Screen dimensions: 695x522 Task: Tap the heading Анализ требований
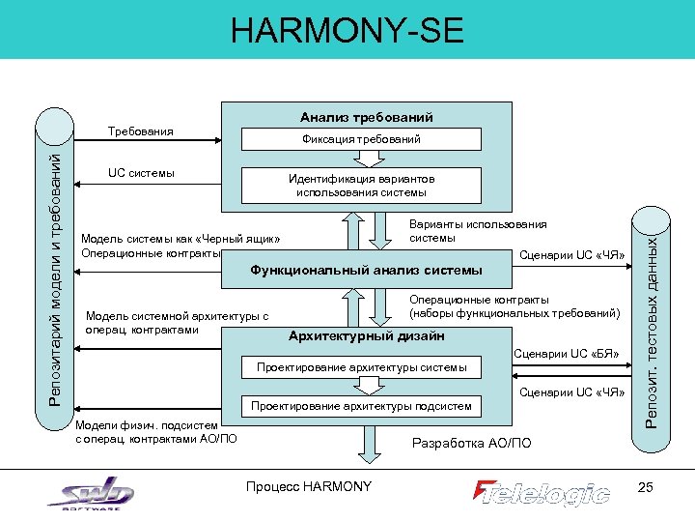coord(367,117)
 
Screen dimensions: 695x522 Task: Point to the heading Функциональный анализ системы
coord(366,269)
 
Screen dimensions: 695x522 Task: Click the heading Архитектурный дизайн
coord(367,336)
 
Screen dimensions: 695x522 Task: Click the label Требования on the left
coord(141,130)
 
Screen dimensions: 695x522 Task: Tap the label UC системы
coord(141,173)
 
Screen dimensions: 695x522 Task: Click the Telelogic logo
coord(542,493)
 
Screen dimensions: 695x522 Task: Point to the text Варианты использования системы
coord(478,230)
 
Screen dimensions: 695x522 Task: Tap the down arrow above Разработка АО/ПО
coord(367,442)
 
